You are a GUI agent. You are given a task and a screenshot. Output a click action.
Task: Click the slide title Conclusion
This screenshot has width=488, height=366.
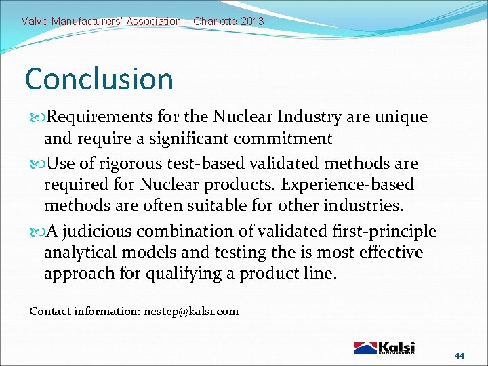99,79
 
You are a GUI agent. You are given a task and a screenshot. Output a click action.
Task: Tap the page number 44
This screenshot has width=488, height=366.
460,356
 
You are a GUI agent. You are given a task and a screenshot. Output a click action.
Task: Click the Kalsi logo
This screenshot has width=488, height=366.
384,347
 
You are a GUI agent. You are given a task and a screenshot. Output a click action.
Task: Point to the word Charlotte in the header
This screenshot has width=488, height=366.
212,22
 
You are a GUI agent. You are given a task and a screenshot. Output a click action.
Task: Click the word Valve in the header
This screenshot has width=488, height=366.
35,22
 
